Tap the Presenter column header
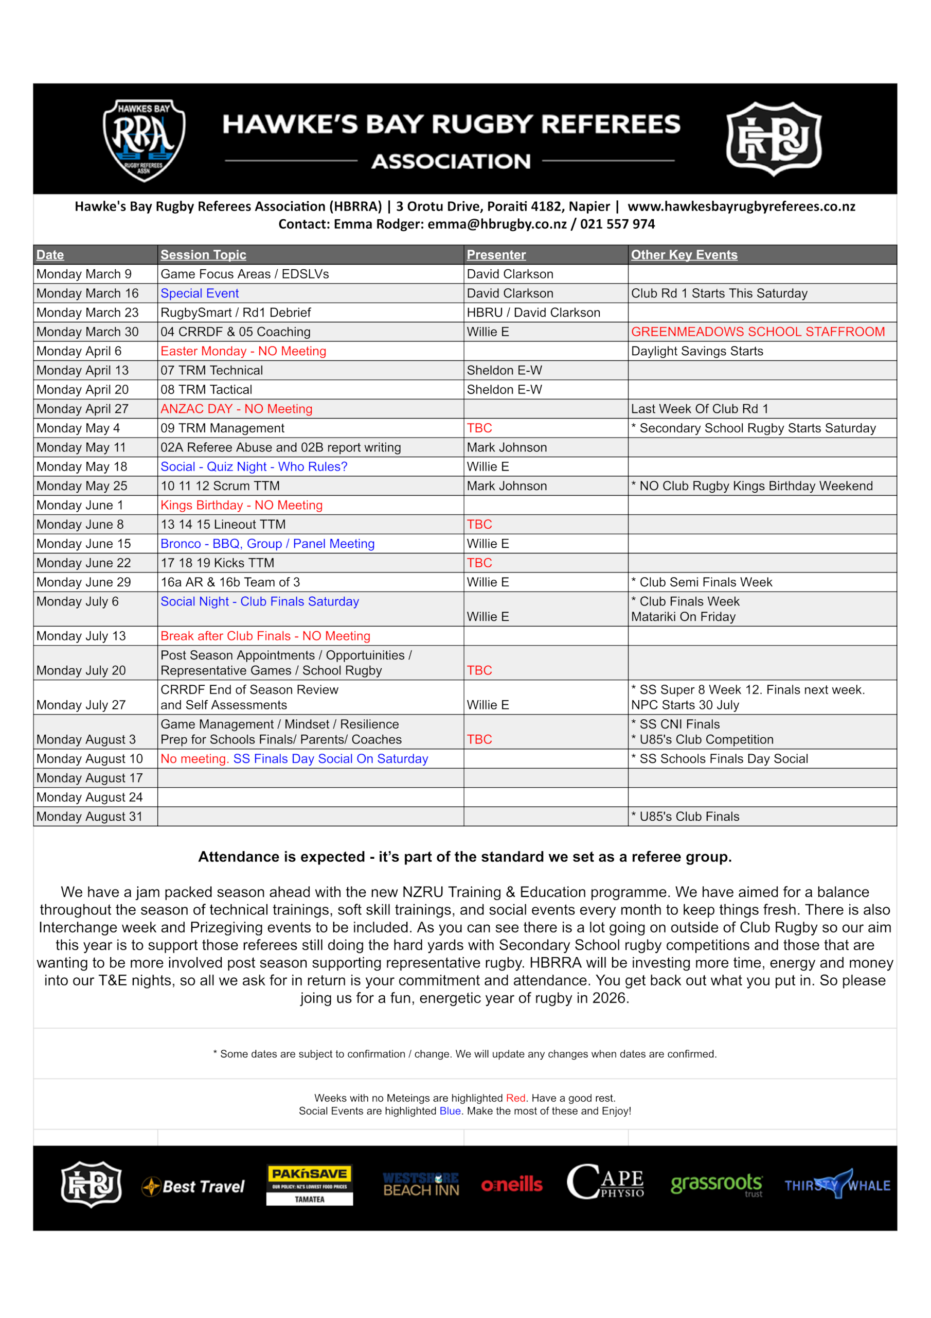pos(496,254)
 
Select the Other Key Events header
pos(684,254)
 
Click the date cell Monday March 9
pos(84,274)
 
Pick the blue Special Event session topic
pos(199,293)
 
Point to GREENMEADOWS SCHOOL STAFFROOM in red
pos(757,332)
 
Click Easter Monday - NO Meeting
pos(243,351)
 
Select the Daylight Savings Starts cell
pos(697,351)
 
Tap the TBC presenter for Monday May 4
pos(479,428)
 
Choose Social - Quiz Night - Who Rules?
pos(254,466)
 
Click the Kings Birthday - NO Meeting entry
pos(242,505)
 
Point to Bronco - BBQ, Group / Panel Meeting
pos(267,543)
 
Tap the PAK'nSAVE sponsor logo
pos(309,1185)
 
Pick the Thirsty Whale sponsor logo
pos(837,1185)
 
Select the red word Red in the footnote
pos(515,1098)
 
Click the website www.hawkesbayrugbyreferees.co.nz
pos(741,206)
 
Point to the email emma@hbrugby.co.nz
pos(497,224)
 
